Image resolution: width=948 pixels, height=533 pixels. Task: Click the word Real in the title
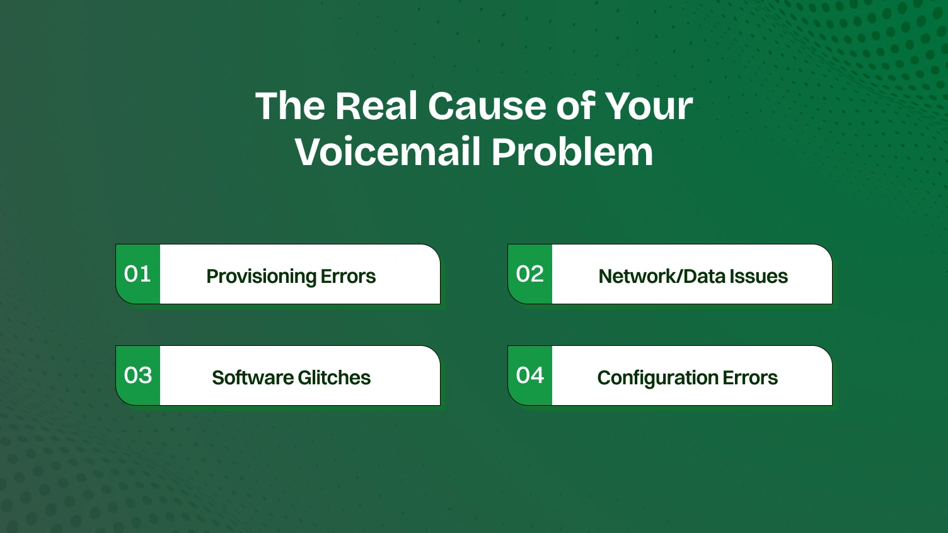[377, 106]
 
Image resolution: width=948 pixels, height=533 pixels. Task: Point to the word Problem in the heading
[572, 152]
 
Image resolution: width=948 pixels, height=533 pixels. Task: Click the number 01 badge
[138, 274]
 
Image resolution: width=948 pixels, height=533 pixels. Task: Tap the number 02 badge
[530, 274]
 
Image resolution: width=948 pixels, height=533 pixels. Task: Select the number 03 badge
[138, 375]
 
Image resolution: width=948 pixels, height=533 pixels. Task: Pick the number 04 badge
[530, 375]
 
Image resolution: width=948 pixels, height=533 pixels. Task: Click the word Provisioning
[261, 277]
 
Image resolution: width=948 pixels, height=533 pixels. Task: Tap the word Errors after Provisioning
[348, 277]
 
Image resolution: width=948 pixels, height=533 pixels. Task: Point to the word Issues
[758, 277]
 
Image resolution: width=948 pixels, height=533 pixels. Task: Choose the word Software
[252, 378]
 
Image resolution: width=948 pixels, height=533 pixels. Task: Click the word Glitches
[334, 378]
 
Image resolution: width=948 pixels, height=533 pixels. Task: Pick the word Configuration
[657, 378]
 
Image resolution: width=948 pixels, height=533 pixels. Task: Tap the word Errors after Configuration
[750, 378]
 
